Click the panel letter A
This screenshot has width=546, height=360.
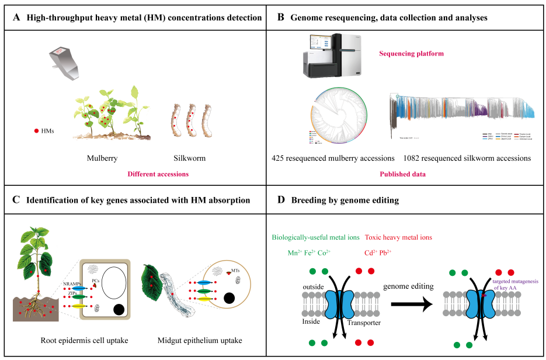(16, 18)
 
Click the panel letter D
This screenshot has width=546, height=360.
(281, 200)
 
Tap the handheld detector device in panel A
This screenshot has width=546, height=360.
(67, 64)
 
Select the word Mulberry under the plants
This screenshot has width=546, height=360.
(103, 158)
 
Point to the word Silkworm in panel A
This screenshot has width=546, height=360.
(189, 158)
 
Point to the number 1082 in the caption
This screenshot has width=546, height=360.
(414, 158)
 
